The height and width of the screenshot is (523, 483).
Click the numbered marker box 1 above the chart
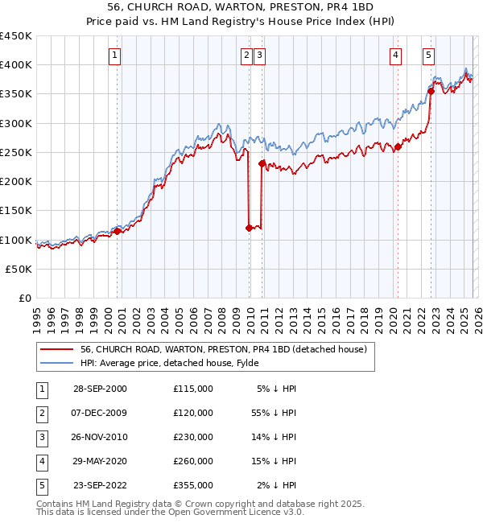(x=115, y=56)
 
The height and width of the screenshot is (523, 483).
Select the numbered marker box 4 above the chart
(x=396, y=56)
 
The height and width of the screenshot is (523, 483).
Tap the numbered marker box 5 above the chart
(x=428, y=56)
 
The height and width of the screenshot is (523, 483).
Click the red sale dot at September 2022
(x=431, y=91)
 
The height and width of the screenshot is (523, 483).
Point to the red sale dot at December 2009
(x=249, y=228)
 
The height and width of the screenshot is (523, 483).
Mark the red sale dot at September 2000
(x=118, y=231)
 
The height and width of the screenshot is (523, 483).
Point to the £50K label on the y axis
(x=19, y=269)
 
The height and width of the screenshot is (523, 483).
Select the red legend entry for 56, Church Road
(x=223, y=349)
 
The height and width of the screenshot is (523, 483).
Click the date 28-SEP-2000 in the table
(x=100, y=389)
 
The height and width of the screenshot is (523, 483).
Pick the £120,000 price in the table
(x=193, y=413)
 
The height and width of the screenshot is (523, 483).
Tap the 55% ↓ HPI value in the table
(x=275, y=413)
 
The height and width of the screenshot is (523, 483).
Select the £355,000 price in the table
(x=193, y=485)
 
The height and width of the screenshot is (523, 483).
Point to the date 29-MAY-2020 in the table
(x=100, y=461)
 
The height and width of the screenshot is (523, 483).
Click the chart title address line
(x=242, y=7)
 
